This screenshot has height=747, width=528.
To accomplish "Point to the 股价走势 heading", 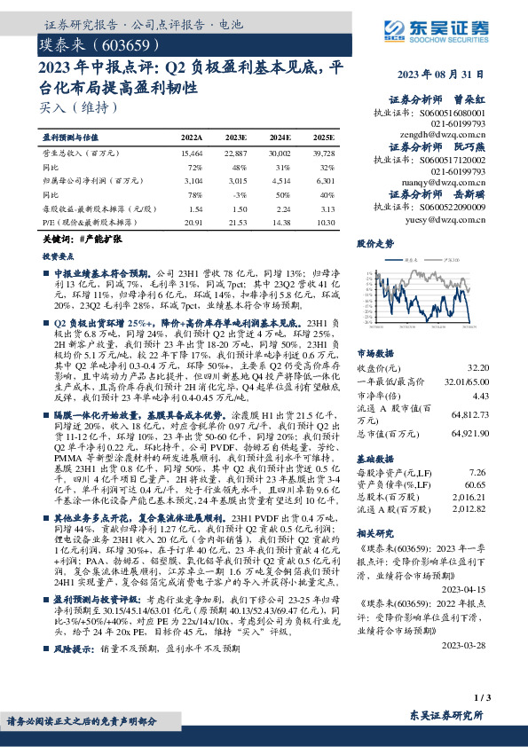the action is pos(375,241).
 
